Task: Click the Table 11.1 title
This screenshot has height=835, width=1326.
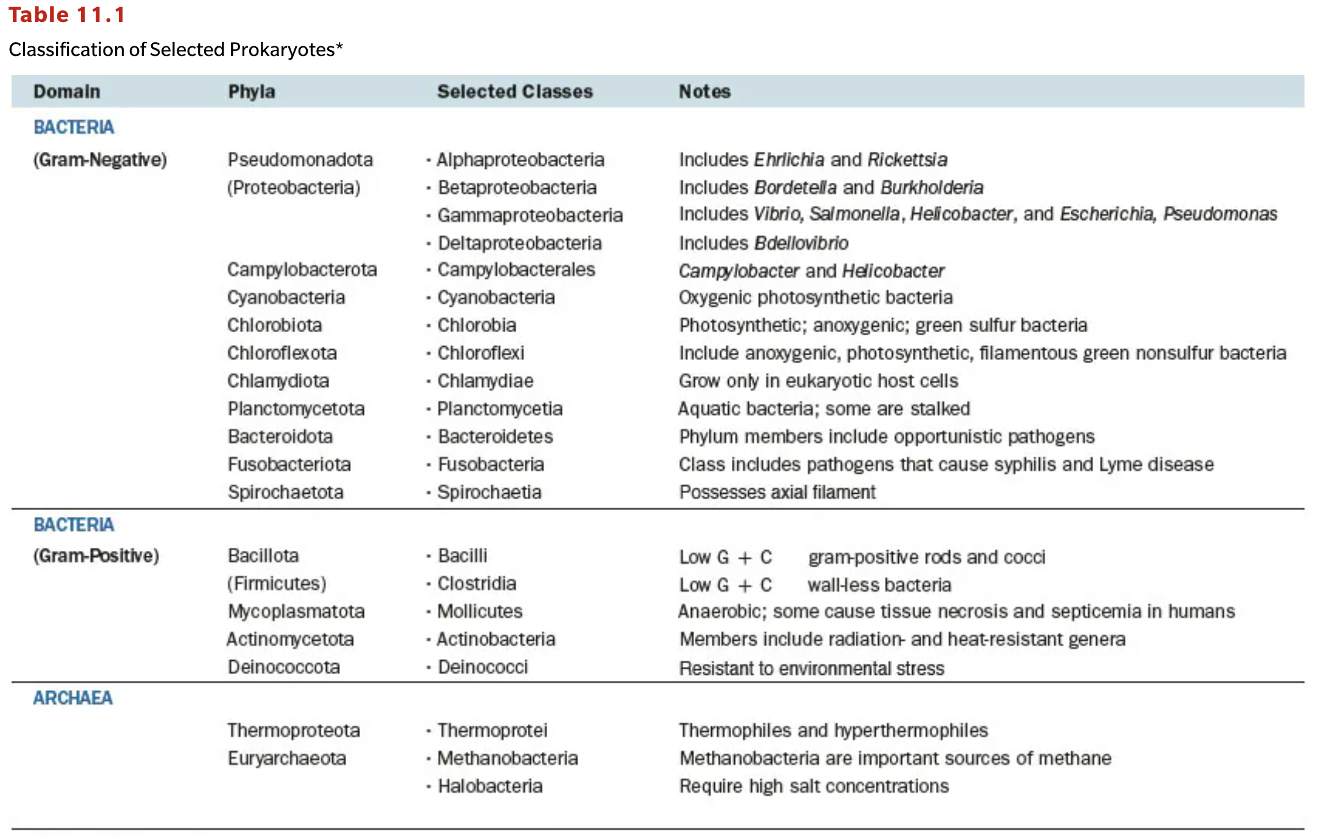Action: coord(66,15)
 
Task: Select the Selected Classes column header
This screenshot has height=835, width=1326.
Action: coord(514,91)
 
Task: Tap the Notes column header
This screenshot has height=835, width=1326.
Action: coord(704,91)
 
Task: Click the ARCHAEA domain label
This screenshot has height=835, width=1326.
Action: coord(73,698)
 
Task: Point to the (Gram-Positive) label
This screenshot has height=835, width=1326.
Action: coord(96,556)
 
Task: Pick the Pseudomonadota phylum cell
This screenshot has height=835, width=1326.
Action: coord(300,160)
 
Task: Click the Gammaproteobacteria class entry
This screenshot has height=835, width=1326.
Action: coord(530,215)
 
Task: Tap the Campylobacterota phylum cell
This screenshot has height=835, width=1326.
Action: coord(302,269)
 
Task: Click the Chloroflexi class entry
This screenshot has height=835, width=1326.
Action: coord(480,353)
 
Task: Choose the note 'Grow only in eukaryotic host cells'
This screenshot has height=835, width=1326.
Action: coord(818,381)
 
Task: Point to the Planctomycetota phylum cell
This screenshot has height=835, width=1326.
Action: coord(296,408)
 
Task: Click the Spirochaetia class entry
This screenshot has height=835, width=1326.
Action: coord(489,492)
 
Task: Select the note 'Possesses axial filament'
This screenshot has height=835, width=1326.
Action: coord(777,492)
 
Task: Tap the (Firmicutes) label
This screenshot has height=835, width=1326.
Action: coord(277,583)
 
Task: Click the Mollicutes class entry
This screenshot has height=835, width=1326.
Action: coord(480,611)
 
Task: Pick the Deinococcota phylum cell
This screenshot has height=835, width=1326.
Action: coord(283,667)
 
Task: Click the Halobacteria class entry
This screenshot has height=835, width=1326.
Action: coord(489,786)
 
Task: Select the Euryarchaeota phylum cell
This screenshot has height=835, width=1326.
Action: coord(286,758)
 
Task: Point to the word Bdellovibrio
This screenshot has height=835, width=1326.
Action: coord(801,243)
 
